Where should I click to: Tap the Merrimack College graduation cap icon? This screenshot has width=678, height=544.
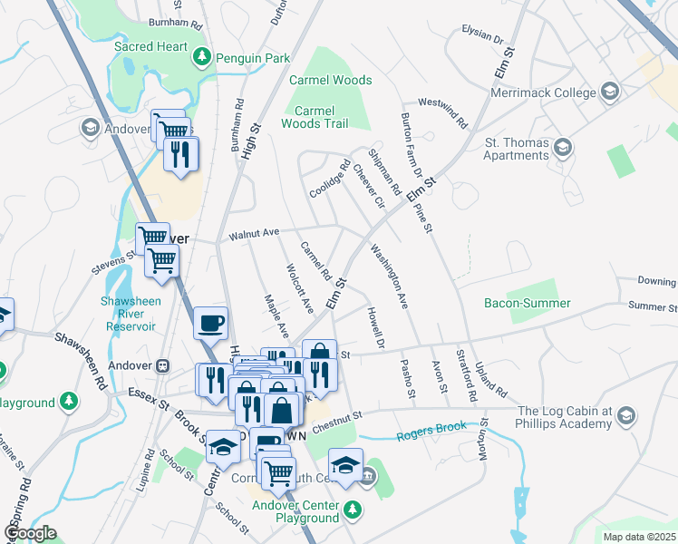[x=610, y=92]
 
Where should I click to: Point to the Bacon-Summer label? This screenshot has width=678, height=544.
[x=527, y=304]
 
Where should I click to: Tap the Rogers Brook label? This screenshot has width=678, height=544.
[x=431, y=426]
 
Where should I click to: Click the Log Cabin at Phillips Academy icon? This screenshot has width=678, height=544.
[x=625, y=416]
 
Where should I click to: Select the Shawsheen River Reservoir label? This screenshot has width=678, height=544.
[x=129, y=314]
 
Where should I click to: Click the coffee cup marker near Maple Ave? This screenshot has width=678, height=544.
[x=210, y=322]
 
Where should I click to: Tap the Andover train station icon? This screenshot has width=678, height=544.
[x=163, y=365]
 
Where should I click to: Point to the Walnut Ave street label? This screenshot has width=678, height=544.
[x=254, y=234]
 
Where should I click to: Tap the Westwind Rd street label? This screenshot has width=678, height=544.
[x=441, y=113]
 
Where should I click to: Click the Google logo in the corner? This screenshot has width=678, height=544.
[x=30, y=533]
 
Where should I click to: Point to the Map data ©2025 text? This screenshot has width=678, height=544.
[x=638, y=537]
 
